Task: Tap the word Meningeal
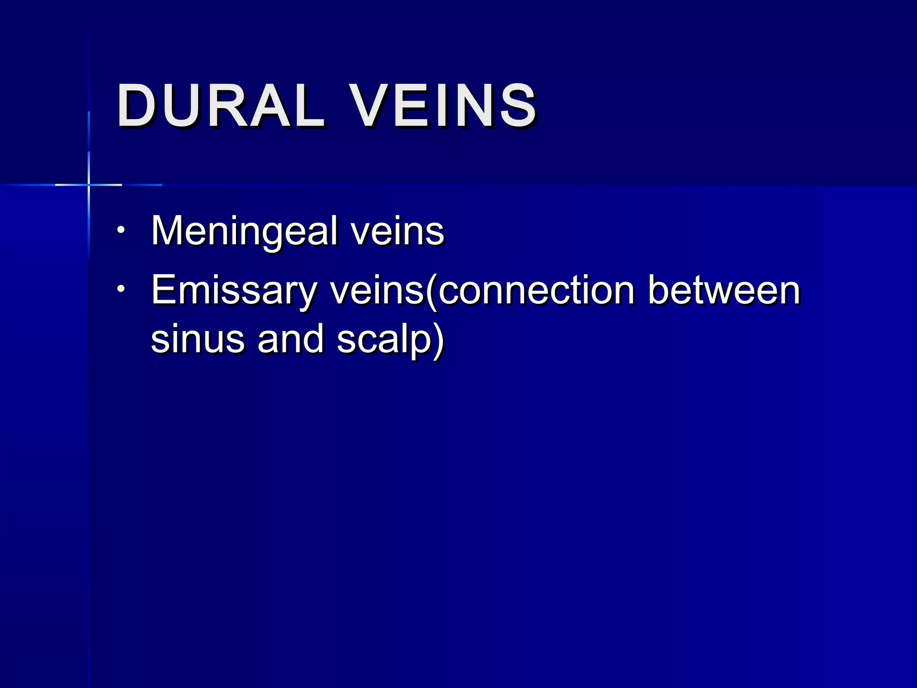(x=244, y=231)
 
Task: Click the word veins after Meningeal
(x=397, y=231)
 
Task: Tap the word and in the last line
(x=290, y=339)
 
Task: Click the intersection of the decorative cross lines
(x=89, y=185)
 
